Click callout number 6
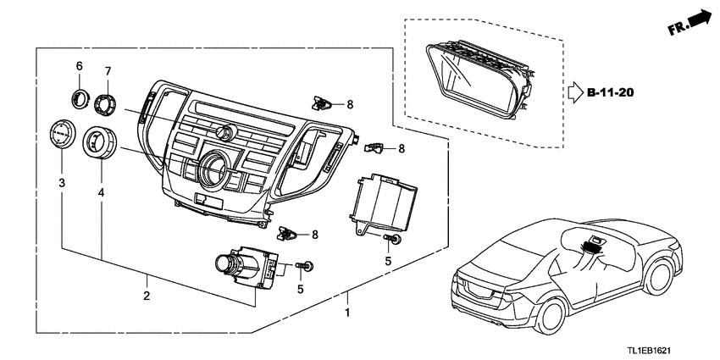79,66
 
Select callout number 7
108,71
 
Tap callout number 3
62,183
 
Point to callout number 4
101,193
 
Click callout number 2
147,296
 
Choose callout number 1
347,313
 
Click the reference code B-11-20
611,93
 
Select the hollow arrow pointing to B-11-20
575,93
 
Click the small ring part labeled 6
80,99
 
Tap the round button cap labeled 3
62,134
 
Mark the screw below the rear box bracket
391,238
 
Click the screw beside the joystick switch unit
305,265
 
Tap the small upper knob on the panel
226,132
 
